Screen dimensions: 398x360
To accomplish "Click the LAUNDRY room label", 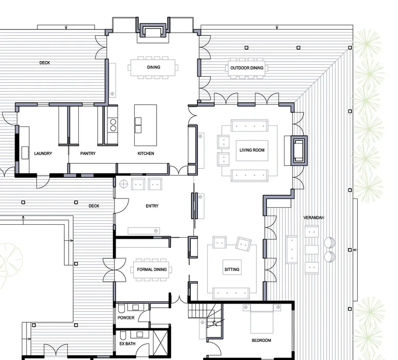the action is coord(43,153).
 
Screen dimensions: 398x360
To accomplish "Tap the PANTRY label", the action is coord(88,153).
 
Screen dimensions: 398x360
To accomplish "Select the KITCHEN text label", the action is coord(146,153).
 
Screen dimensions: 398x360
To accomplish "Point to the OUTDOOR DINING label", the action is coord(247,68).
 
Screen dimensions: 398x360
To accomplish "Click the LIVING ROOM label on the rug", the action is coord(252,150).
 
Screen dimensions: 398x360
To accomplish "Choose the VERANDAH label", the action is coord(314,218).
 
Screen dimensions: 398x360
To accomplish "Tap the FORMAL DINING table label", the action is coord(152,269).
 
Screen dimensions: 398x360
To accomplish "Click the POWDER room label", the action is coord(126,318).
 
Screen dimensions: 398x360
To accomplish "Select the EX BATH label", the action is coord(127,344).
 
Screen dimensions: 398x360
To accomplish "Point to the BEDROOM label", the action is coord(261,340).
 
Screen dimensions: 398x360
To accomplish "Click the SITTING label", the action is coord(232,269).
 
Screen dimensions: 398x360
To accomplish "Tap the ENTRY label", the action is coord(152,206).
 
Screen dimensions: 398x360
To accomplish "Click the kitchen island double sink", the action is coord(138,125).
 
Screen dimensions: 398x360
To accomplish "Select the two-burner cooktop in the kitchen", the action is coord(113,125).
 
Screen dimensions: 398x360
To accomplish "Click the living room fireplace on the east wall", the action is coord(299,151).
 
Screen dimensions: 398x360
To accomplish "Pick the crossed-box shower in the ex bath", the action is coord(161,341).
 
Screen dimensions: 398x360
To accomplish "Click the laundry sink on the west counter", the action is coord(25,153).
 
